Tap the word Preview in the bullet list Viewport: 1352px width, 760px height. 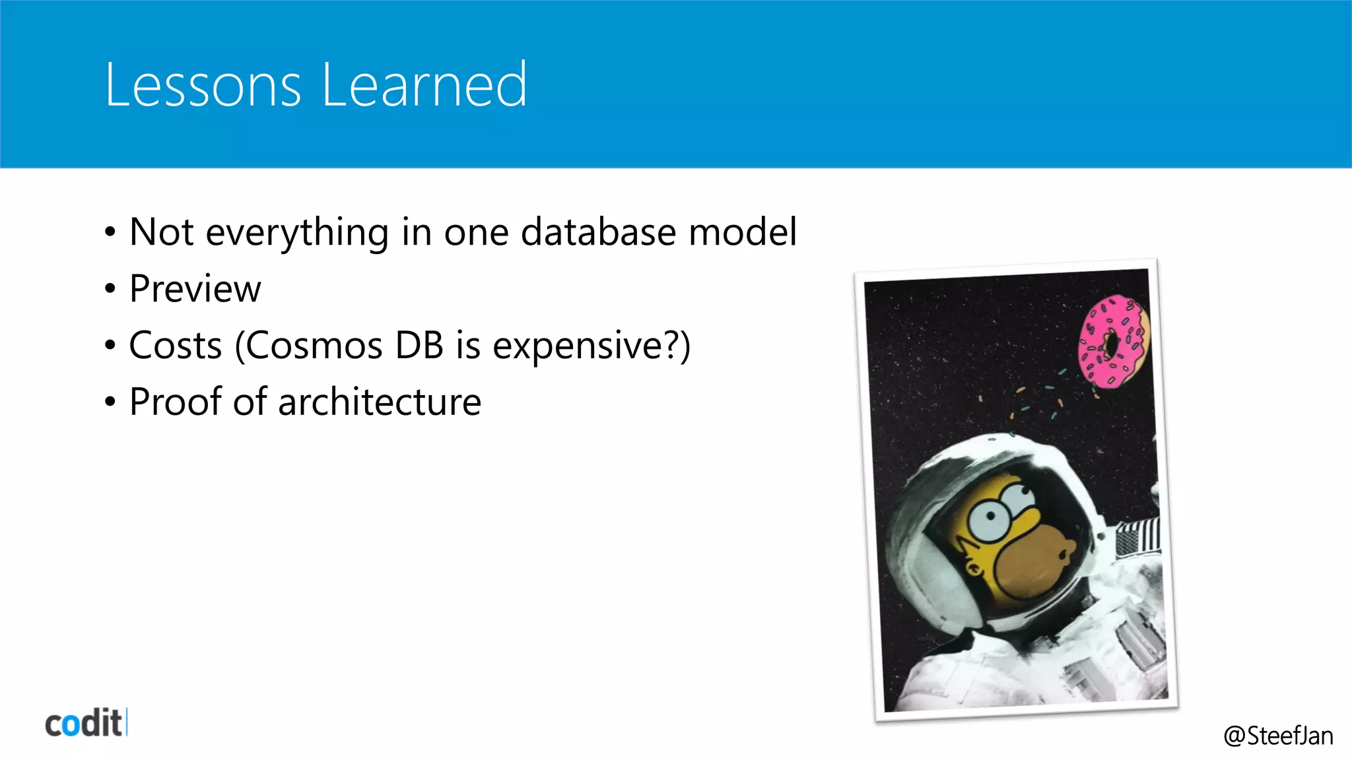point(195,289)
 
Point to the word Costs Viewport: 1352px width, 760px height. point(175,346)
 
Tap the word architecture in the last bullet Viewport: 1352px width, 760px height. point(380,402)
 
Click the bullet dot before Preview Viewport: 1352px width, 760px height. point(110,289)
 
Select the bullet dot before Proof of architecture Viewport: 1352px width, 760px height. point(110,402)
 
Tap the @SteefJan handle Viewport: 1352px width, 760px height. point(1278,736)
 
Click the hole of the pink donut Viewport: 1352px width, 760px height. point(1111,344)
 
